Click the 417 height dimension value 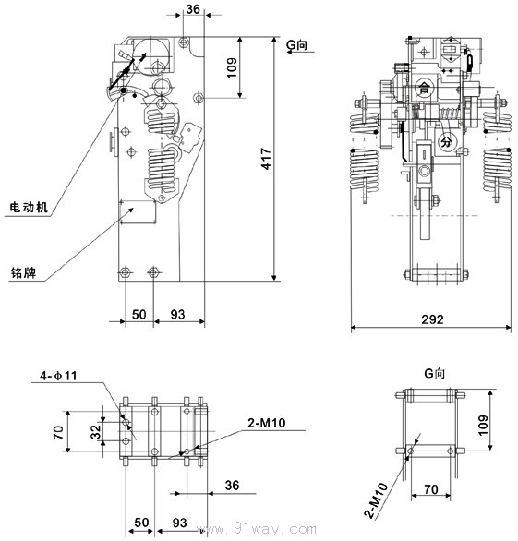point(266,159)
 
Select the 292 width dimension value point(432,319)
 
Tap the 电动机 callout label point(29,207)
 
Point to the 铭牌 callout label point(23,272)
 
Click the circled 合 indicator point(424,88)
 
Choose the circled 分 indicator point(447,141)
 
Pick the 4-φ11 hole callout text point(58,376)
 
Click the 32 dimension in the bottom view point(96,431)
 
